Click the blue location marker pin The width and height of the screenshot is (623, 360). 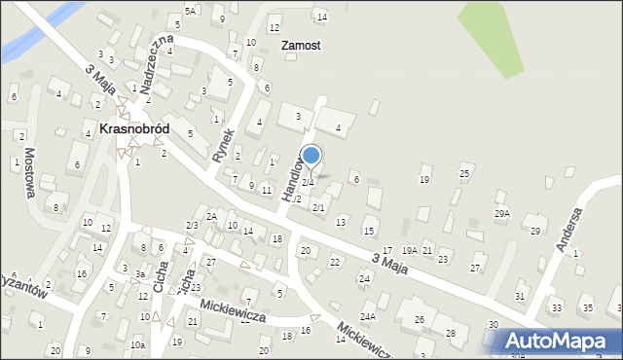coord(311,156)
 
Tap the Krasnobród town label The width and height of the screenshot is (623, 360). coord(133,128)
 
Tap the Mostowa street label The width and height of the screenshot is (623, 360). coord(30,172)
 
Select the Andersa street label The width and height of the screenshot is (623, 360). coord(568,230)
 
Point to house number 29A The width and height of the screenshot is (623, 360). coord(502,213)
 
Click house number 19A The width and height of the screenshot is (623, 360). coord(410,251)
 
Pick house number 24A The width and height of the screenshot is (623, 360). coord(368,316)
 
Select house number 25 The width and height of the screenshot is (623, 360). coord(464,173)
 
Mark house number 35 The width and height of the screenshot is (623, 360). coord(586,308)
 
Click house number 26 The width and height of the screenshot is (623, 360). coord(420,319)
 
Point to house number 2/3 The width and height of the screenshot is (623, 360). coord(192,226)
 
